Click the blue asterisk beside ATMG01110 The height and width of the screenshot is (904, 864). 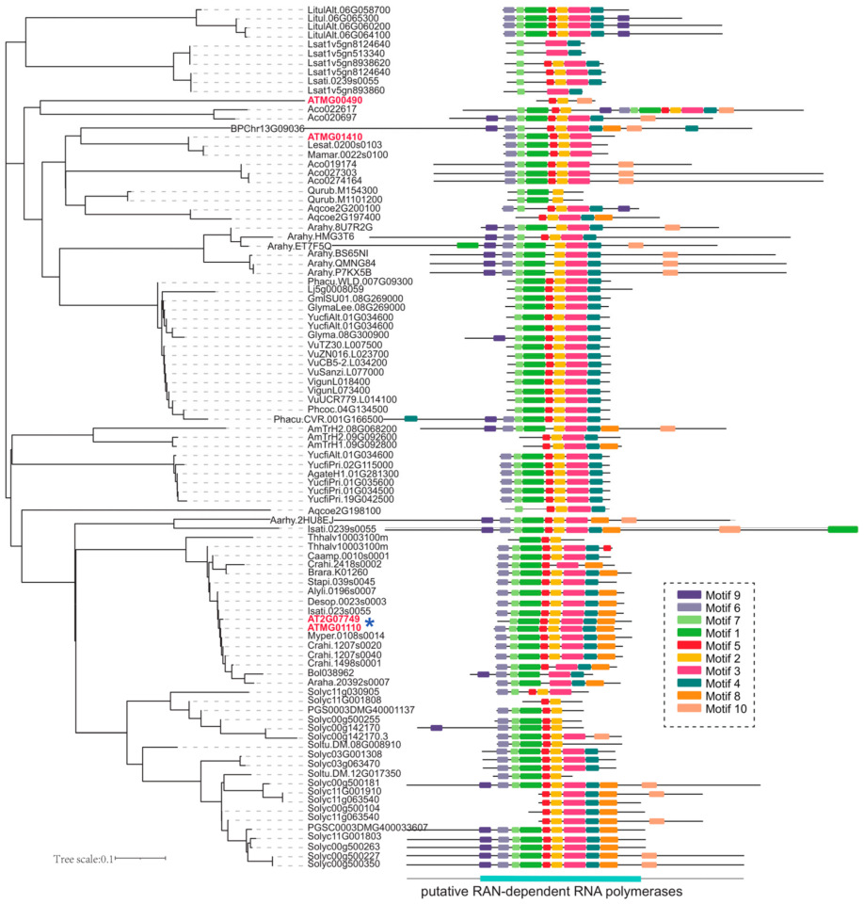click(x=371, y=622)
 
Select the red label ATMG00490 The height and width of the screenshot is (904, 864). click(x=335, y=100)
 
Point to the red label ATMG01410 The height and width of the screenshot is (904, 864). click(x=335, y=137)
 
